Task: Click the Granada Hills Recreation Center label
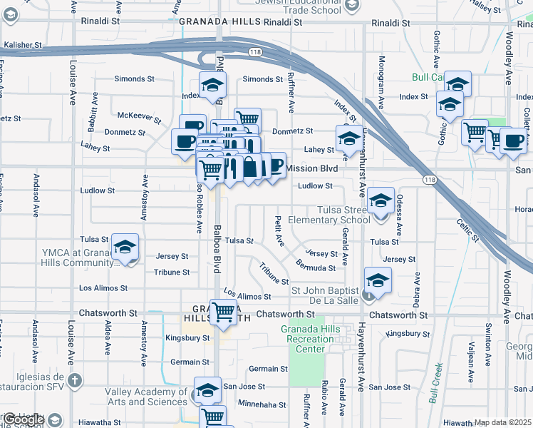tap(308, 339)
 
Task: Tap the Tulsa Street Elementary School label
tap(333, 214)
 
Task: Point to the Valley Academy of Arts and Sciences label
tap(147, 397)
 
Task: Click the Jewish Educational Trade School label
tap(301, 5)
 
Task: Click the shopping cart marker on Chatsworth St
tap(224, 312)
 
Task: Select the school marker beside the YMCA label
tap(125, 248)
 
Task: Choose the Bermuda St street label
tap(317, 267)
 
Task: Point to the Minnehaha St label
tap(262, 404)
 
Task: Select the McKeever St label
tap(135, 115)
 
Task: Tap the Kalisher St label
tap(22, 45)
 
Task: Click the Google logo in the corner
tap(24, 419)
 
